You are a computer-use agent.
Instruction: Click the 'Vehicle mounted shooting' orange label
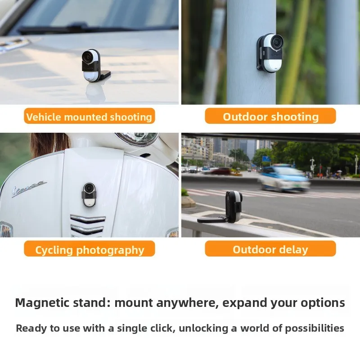(x=89, y=117)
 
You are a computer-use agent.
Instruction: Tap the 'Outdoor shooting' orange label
(x=270, y=117)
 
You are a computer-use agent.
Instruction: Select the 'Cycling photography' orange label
(x=89, y=249)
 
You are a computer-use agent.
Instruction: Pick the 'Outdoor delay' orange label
(x=270, y=249)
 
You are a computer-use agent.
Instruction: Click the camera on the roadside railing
(x=233, y=206)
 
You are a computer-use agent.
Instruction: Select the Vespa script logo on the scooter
(x=29, y=188)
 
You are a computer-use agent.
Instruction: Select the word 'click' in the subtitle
(x=157, y=328)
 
